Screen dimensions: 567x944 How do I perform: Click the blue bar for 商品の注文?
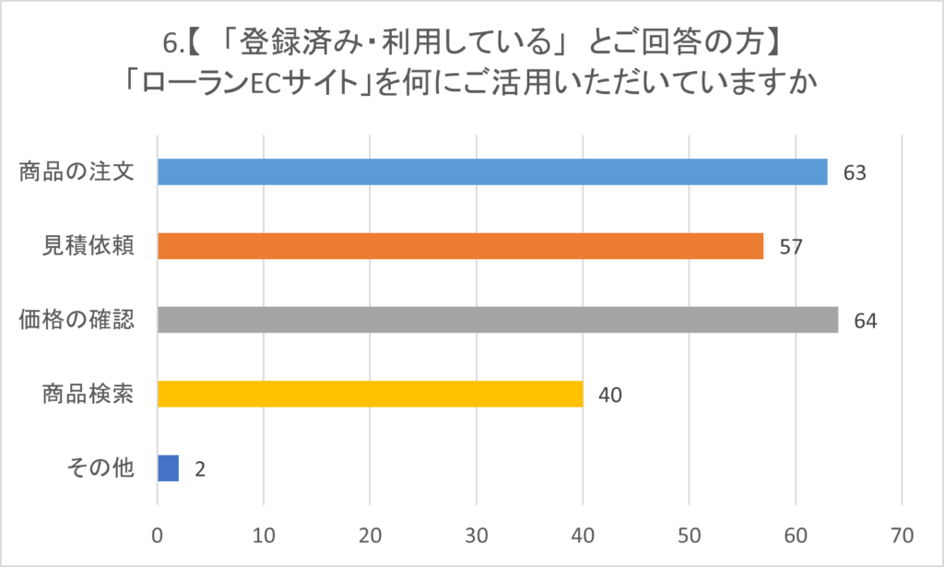click(492, 172)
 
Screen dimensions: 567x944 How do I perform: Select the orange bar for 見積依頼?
click(460, 246)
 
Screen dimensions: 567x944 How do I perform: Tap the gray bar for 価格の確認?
click(498, 320)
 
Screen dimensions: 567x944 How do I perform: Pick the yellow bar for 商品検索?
click(370, 394)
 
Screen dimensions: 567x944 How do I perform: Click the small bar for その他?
click(168, 468)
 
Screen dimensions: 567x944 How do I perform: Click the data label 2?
click(199, 469)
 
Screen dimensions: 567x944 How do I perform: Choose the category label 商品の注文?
click(77, 172)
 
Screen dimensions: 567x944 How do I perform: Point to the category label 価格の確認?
click(77, 320)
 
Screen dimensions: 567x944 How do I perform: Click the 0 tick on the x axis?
click(158, 535)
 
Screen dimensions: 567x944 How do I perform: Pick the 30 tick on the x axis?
click(477, 535)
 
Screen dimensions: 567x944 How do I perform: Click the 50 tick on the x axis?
click(690, 535)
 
